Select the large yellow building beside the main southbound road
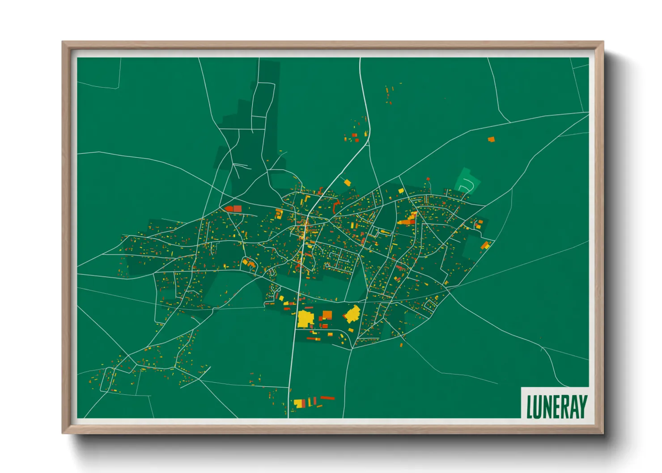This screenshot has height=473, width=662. tap(305, 319)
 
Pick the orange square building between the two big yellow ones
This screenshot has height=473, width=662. tap(327, 315)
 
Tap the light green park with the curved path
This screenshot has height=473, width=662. tap(467, 181)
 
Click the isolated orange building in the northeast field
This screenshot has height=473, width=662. tap(491, 139)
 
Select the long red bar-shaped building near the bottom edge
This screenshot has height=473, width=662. tap(327, 398)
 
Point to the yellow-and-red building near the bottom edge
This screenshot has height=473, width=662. tap(300, 403)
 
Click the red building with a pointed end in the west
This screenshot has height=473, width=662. tap(233, 208)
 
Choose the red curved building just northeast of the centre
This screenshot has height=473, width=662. tap(336, 206)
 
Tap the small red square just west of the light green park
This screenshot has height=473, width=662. tap(428, 179)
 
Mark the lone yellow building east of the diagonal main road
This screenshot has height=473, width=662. tap(347, 182)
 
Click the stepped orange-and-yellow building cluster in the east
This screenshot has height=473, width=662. tap(408, 220)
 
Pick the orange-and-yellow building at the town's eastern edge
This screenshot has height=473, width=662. tap(485, 245)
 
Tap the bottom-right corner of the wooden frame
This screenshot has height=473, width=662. tap(603, 433)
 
